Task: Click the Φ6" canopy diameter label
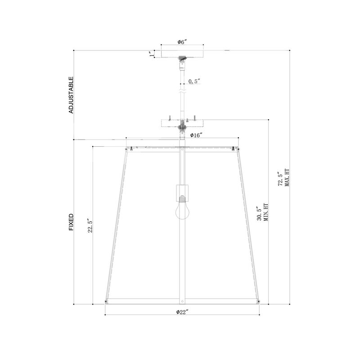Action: pos(182,42)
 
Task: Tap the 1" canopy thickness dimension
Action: pos(152,54)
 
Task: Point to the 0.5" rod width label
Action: pos(194,81)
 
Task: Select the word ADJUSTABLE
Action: pos(71,95)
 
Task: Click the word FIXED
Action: pos(71,222)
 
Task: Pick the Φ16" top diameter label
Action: pos(196,135)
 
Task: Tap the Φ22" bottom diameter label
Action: pos(182,312)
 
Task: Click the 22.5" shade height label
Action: pos(90,226)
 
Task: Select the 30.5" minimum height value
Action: pos(259,213)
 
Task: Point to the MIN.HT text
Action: pos(266,212)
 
